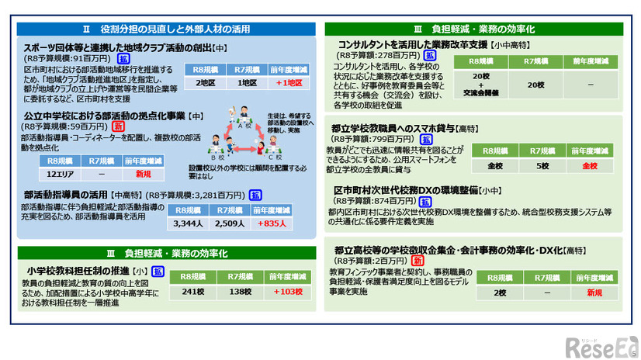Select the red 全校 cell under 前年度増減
point(590,165)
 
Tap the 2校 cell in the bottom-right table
point(501,293)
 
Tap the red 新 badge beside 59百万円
point(119,126)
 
